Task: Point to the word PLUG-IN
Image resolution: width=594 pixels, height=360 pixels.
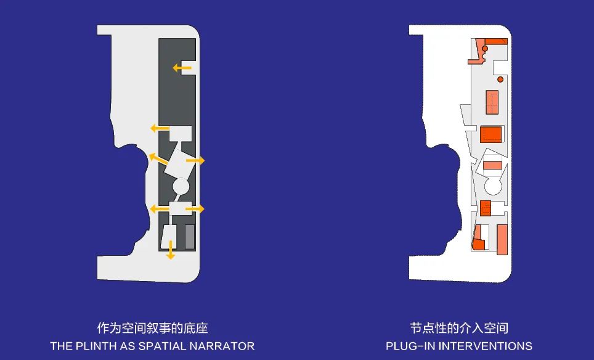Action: (407, 346)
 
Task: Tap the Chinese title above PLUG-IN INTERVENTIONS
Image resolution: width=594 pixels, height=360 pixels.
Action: (459, 328)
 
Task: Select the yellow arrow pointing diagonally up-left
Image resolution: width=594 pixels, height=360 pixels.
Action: (157, 158)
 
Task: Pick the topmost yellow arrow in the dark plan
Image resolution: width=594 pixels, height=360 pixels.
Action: (181, 67)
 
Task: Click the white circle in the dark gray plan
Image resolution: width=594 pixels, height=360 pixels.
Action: (181, 185)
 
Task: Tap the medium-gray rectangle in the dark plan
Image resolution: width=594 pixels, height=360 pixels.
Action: (190, 237)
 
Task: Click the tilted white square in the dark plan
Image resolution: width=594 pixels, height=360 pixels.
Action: (179, 163)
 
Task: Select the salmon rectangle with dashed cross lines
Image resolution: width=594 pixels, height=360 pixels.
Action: (492, 102)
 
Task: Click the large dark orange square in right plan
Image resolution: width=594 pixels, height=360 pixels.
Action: (491, 134)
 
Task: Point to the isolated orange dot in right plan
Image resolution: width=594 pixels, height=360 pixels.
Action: (500, 80)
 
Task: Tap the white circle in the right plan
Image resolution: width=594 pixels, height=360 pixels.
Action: (494, 185)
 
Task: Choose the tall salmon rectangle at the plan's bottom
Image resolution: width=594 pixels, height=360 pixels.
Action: (502, 239)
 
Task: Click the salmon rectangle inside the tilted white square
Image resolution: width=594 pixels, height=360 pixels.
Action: (492, 165)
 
